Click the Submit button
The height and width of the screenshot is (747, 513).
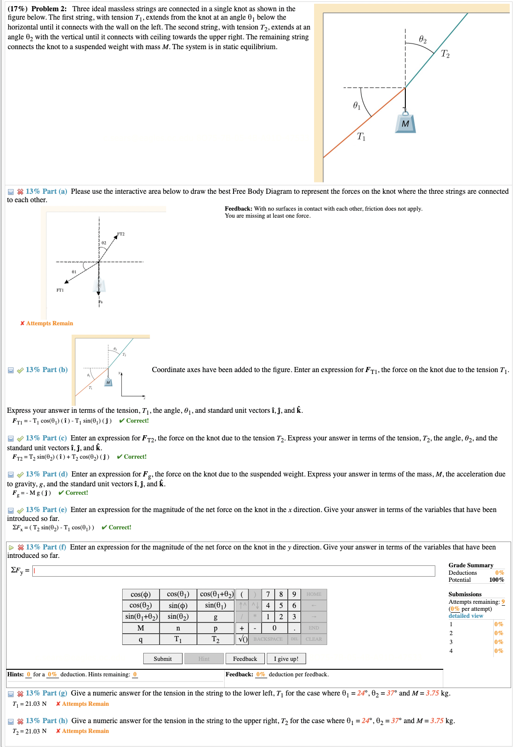(162, 659)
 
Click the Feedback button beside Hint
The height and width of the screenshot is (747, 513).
(245, 659)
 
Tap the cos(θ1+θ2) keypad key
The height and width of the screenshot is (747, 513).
(215, 594)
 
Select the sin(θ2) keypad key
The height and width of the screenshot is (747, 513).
(178, 617)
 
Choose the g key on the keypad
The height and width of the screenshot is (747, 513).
(215, 617)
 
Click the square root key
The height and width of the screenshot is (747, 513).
(242, 639)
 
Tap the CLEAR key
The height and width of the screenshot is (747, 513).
(314, 639)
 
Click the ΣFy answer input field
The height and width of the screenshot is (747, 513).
(234, 571)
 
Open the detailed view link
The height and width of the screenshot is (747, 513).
(465, 616)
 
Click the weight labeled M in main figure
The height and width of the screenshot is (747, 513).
(405, 123)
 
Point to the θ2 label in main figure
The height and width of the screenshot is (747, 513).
(423, 39)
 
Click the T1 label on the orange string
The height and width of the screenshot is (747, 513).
(361, 136)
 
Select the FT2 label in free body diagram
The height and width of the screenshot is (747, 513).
(121, 234)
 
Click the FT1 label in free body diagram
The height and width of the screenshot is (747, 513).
(60, 290)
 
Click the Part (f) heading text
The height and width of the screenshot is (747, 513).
(46, 547)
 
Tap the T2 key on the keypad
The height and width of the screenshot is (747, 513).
(215, 639)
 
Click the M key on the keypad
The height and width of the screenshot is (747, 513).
(140, 628)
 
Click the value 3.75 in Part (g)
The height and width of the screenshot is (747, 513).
(432, 693)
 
